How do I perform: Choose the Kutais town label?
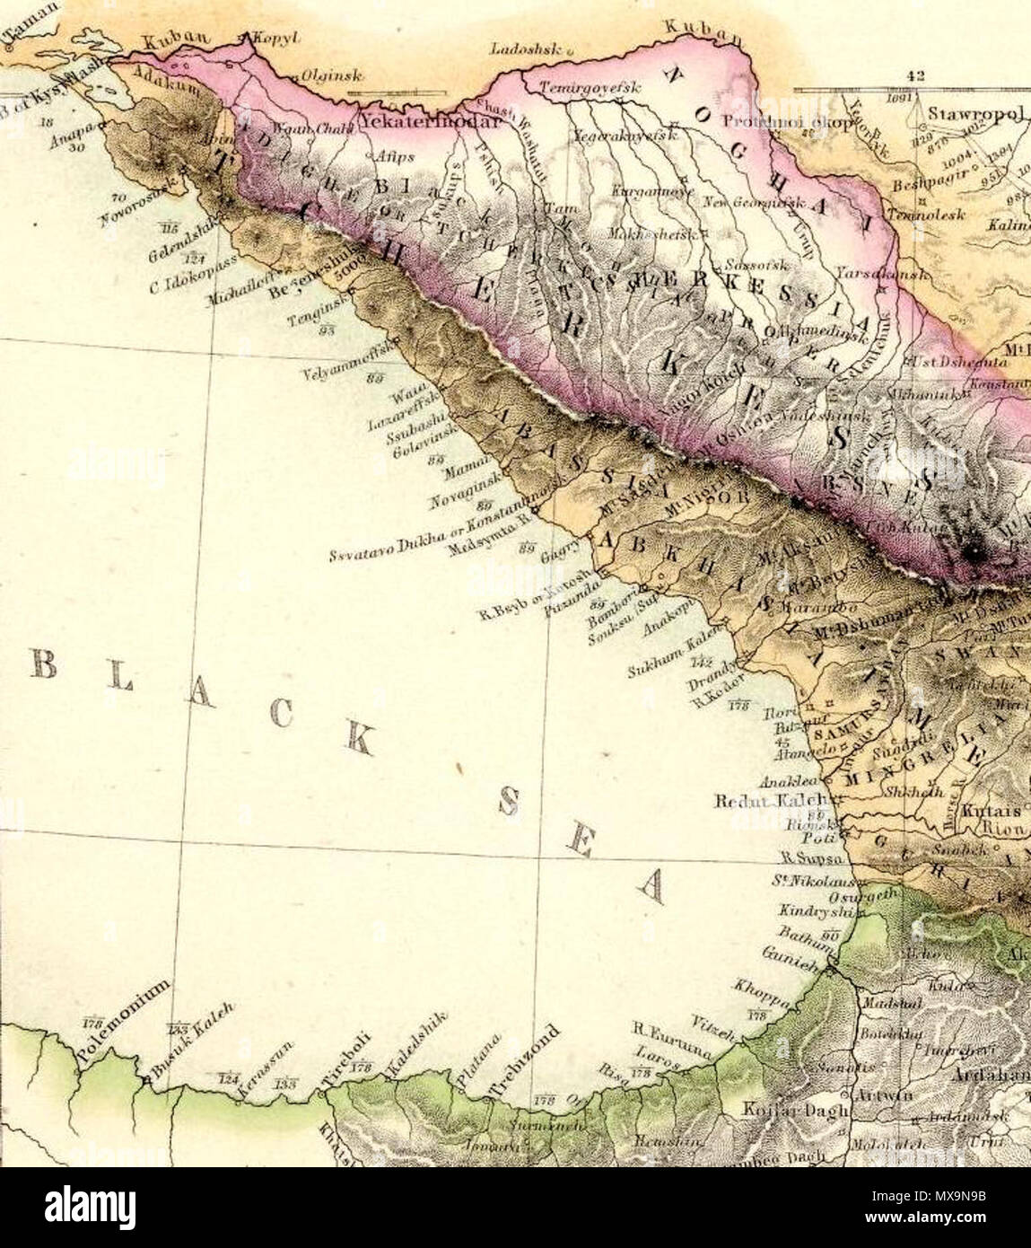coord(984,810)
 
